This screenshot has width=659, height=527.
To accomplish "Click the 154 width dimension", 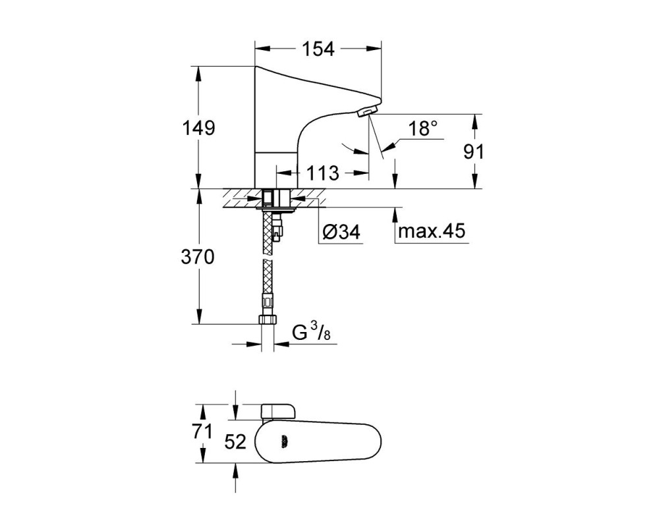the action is pyautogui.click(x=318, y=49).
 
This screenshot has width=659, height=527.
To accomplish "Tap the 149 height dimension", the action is pyautogui.click(x=198, y=128).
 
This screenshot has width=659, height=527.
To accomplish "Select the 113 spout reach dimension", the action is pyautogui.click(x=322, y=173).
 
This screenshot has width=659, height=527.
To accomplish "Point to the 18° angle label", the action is pyautogui.click(x=423, y=128).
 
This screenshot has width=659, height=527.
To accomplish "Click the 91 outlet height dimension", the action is pyautogui.click(x=474, y=152).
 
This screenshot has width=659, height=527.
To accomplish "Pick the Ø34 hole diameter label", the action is pyautogui.click(x=341, y=232).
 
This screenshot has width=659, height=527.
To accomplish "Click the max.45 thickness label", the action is pyautogui.click(x=432, y=231).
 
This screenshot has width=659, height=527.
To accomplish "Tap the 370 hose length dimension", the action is pyautogui.click(x=198, y=256).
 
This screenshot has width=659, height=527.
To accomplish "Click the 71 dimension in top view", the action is pyautogui.click(x=202, y=431).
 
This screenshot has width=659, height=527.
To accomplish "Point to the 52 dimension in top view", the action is pyautogui.click(x=235, y=441).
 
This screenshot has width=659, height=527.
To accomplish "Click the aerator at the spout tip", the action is pyautogui.click(x=367, y=112).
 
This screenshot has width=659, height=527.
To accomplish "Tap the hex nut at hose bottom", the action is pyautogui.click(x=268, y=319).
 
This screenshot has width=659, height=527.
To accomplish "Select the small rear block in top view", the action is pyautogui.click(x=279, y=412).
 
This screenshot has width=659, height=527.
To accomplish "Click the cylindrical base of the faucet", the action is pyautogui.click(x=277, y=169).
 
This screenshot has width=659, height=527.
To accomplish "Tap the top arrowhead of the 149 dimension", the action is pyautogui.click(x=198, y=74).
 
